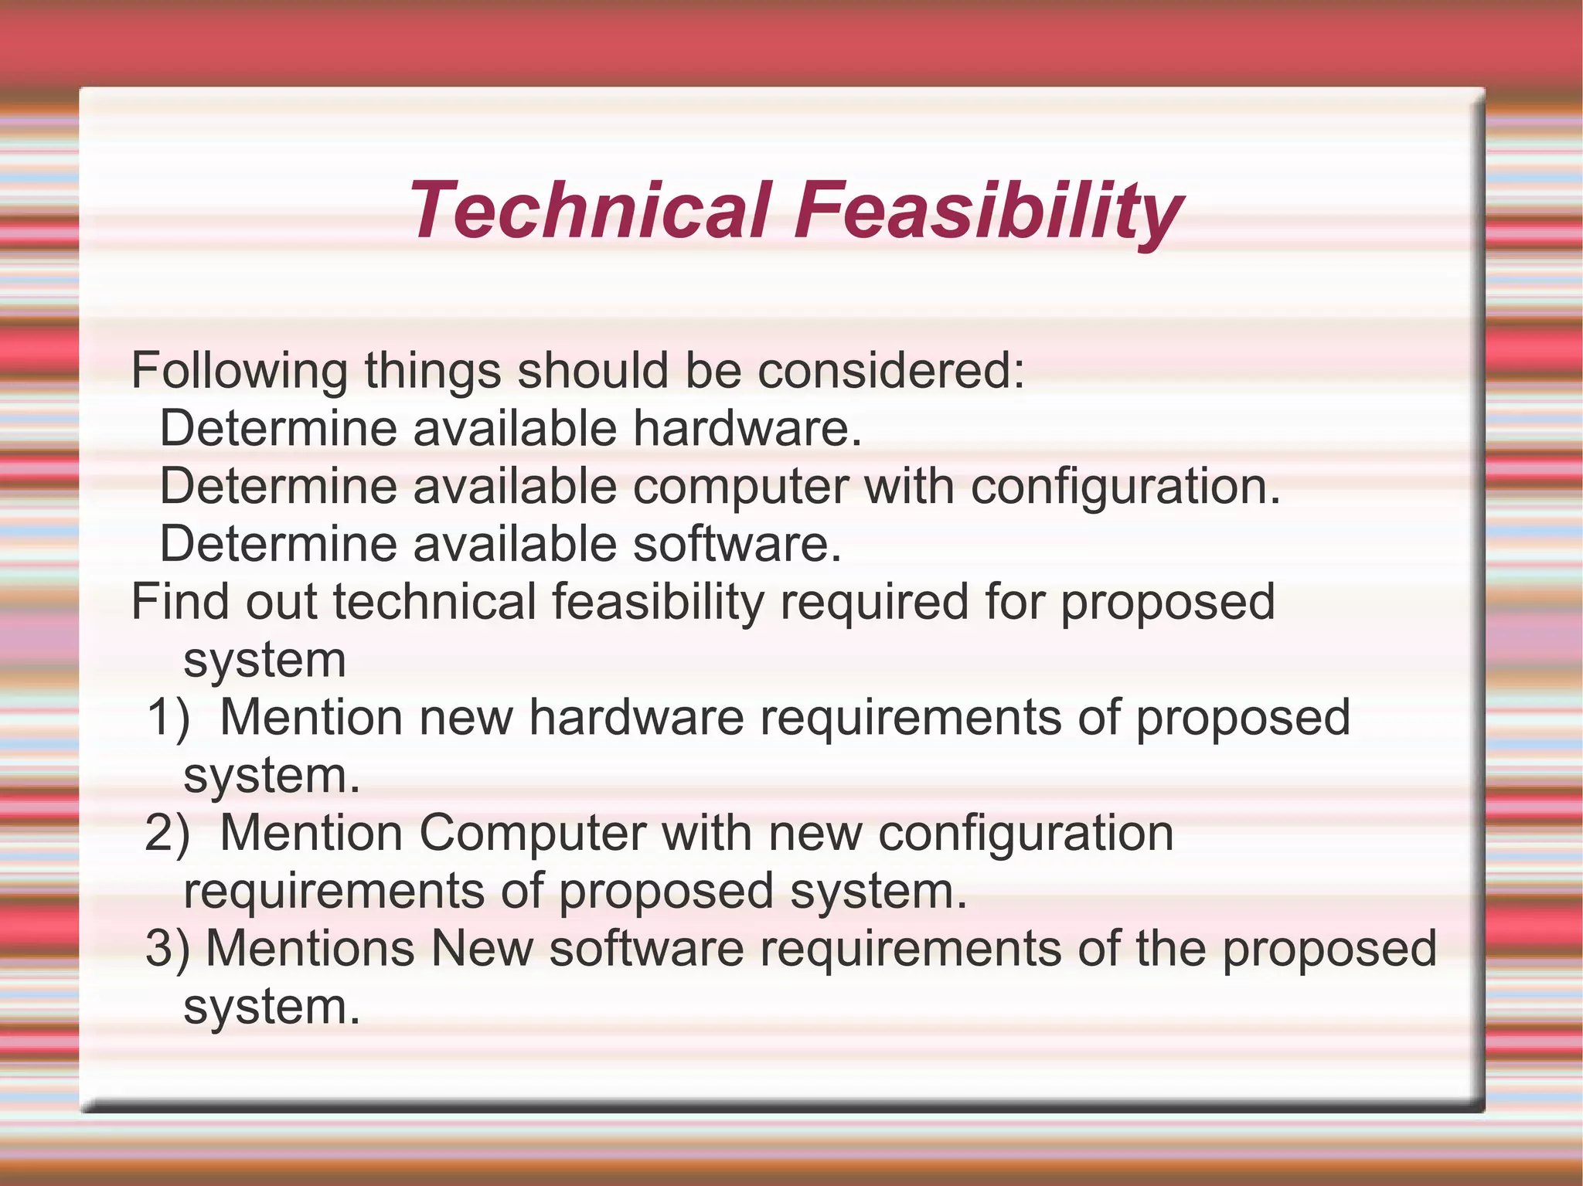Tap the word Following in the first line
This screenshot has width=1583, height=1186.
(x=239, y=371)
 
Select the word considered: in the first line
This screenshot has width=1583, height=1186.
(x=890, y=371)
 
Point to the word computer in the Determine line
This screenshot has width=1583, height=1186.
(x=740, y=487)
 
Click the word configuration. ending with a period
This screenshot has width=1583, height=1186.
(x=1125, y=487)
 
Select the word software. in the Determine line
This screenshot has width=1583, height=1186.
(x=737, y=544)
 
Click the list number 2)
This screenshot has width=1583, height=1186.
(x=168, y=833)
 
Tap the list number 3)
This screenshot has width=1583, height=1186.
(x=168, y=949)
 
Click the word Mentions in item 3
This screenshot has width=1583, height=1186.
(x=310, y=949)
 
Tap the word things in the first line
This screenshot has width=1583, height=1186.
(x=433, y=371)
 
